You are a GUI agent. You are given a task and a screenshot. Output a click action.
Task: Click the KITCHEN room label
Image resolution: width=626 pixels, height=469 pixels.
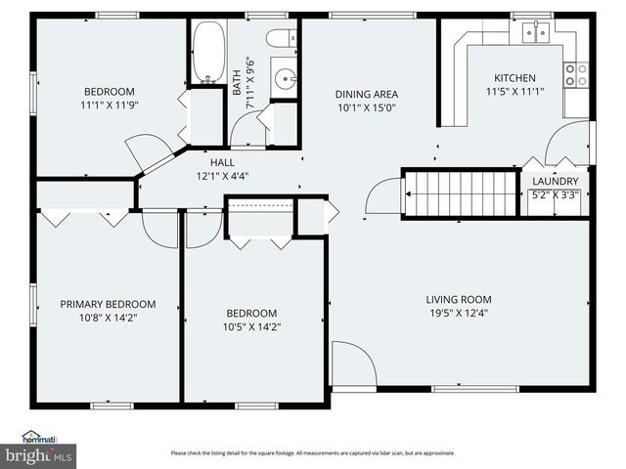point(514,78)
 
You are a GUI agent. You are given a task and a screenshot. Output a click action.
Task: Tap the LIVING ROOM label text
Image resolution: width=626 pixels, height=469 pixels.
point(458,300)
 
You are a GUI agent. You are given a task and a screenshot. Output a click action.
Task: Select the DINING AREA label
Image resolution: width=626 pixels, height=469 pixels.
point(367,95)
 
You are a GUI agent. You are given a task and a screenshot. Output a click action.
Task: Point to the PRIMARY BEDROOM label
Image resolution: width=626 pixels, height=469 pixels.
point(108,305)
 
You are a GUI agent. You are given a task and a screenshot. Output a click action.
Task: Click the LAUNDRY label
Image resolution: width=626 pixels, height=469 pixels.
point(556,182)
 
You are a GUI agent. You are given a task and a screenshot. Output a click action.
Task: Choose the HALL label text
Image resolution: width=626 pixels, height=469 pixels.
point(222,163)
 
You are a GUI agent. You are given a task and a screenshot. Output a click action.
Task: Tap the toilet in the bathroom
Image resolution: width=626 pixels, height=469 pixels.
point(281,38)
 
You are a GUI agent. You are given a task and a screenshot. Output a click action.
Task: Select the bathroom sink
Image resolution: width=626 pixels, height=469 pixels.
point(285,73)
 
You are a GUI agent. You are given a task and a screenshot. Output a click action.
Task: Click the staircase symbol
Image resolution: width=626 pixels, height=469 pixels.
point(460,193)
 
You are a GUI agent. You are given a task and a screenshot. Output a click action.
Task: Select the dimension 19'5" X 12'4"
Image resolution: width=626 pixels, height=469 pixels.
point(458,314)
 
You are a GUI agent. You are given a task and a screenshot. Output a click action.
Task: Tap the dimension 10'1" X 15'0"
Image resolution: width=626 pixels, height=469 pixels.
point(367,108)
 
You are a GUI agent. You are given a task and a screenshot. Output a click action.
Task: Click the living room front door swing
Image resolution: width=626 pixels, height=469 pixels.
point(352,363)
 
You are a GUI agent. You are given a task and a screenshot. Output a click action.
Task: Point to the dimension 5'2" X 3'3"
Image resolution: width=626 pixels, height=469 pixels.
point(556,194)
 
